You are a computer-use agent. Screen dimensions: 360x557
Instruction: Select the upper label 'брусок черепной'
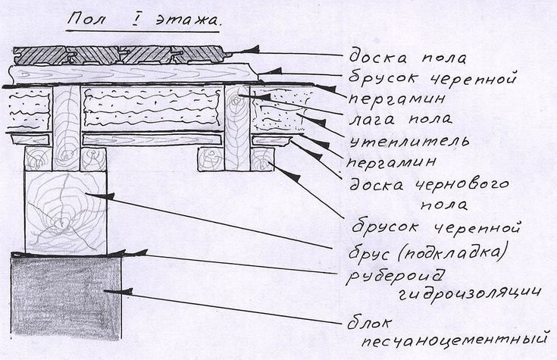pos(433,77)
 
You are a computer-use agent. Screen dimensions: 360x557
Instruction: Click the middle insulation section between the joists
pos(151,109)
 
